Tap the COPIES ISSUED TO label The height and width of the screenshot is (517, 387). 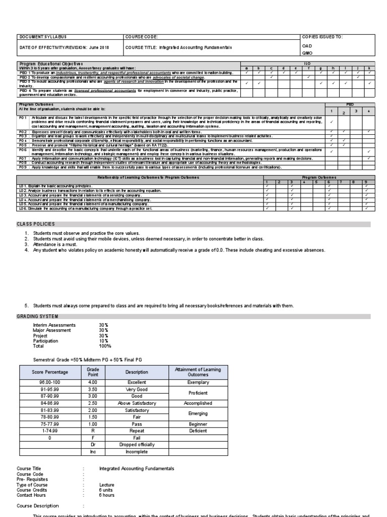(x=321, y=37)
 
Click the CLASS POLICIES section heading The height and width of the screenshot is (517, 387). (x=36, y=224)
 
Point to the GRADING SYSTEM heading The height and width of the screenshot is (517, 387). (x=38, y=317)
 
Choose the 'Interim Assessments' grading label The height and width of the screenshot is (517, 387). (x=54, y=325)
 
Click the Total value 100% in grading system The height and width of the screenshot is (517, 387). (x=105, y=346)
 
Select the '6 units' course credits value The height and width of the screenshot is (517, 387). (x=107, y=490)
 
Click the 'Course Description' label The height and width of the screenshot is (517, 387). (x=38, y=505)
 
